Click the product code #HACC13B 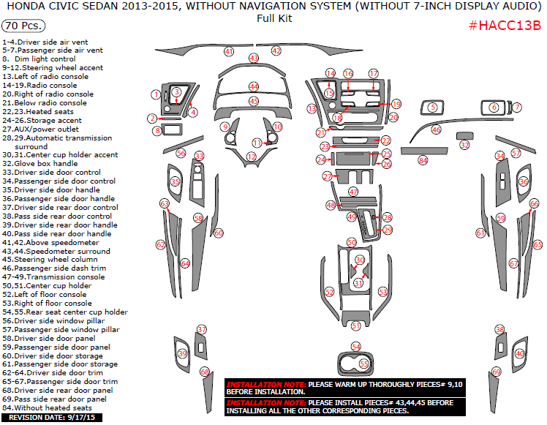(x=505, y=26)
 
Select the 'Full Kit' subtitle (x=273, y=18)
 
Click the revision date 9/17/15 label (x=52, y=418)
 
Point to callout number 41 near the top (x=229, y=52)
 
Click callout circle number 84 (x=423, y=160)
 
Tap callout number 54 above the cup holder (x=356, y=347)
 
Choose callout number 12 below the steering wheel (x=251, y=157)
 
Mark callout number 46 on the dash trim (x=437, y=129)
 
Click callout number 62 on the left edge (x=160, y=244)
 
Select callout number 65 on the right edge (x=537, y=245)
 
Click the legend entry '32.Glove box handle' (x=41, y=164)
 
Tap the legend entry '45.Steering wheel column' (x=50, y=260)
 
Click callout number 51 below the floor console (x=356, y=326)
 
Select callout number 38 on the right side (x=500, y=330)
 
